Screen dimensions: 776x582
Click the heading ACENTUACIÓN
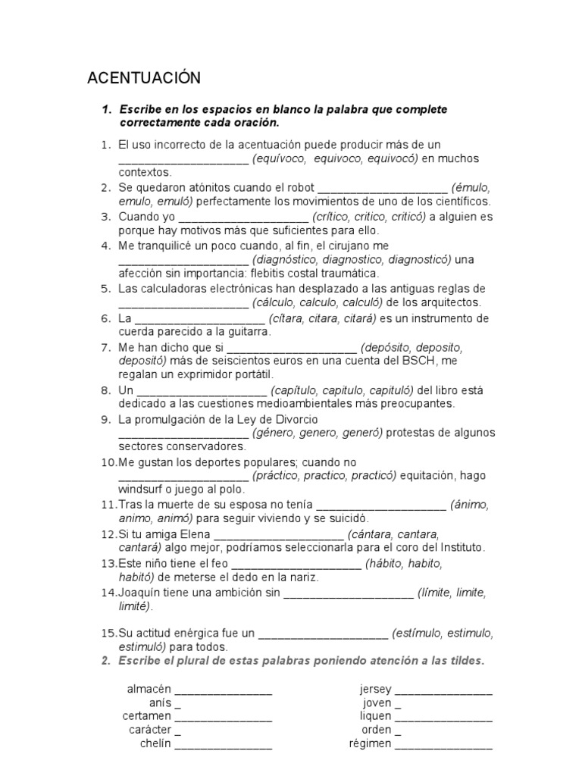[x=144, y=78]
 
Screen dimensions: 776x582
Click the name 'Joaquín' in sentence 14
[x=139, y=592]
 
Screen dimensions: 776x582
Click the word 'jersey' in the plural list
[x=375, y=690]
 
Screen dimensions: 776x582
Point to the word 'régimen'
[x=370, y=743]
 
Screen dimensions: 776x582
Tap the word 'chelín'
[x=155, y=743]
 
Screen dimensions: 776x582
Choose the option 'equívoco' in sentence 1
[x=280, y=158]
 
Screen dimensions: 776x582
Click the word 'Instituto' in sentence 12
[x=460, y=547]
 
